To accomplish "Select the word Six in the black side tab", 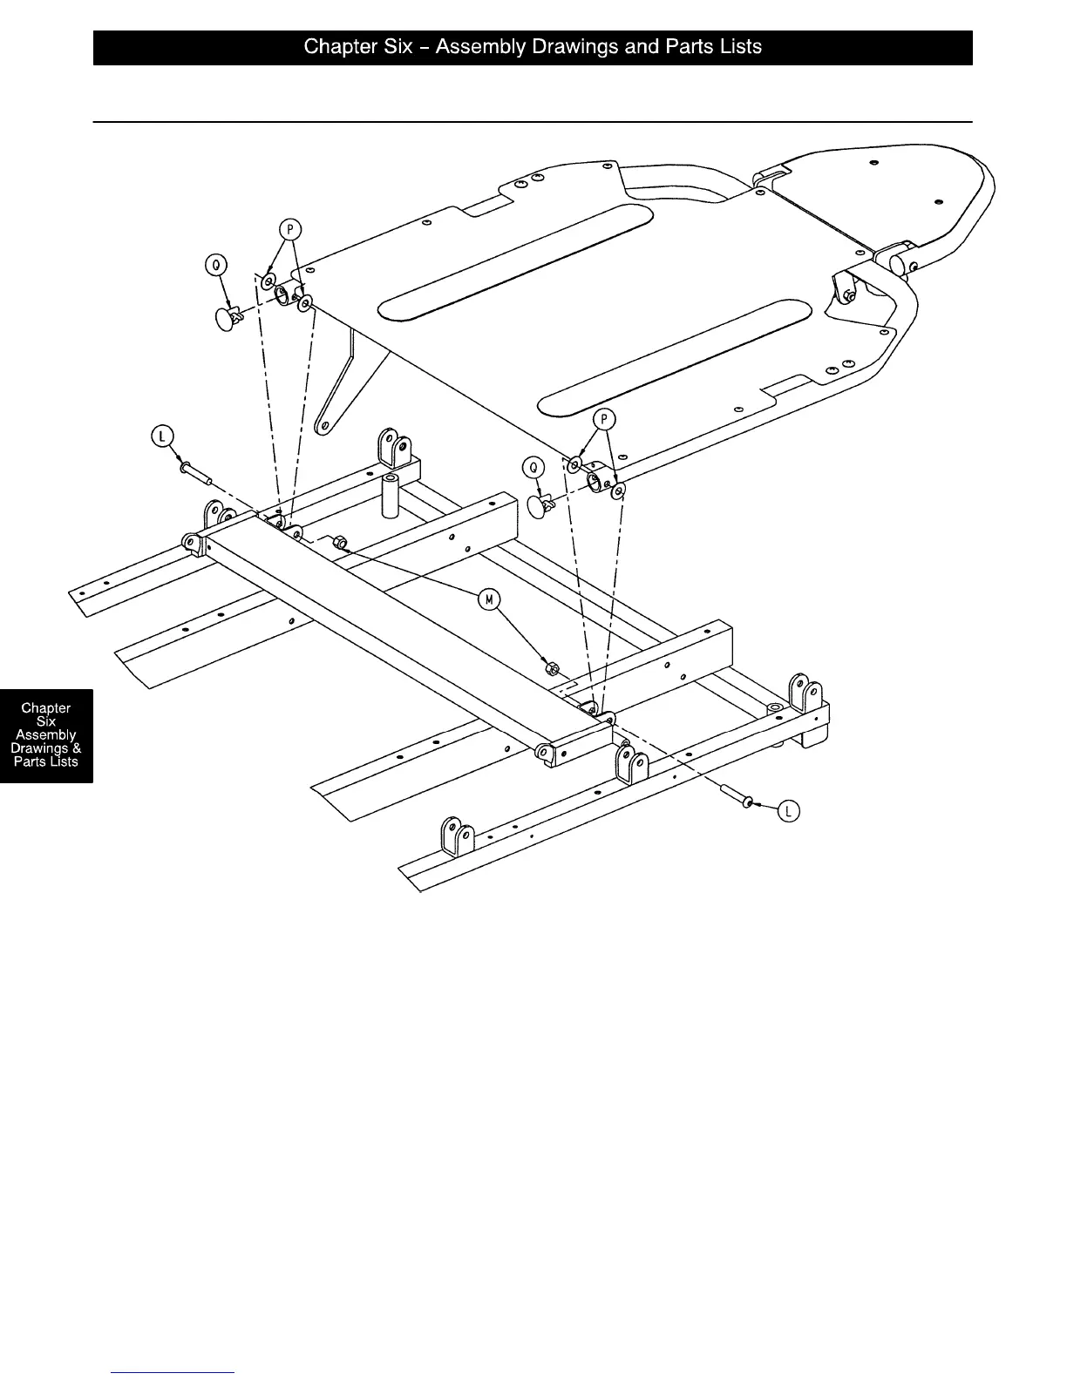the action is tap(46, 721).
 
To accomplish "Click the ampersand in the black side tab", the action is tap(77, 748).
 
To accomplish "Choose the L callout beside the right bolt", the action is tap(788, 811).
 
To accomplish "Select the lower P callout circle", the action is tap(603, 420).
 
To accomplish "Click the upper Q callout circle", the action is tap(214, 263).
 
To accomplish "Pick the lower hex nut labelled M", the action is tap(552, 669).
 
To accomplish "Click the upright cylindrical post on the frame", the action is tap(389, 495).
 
